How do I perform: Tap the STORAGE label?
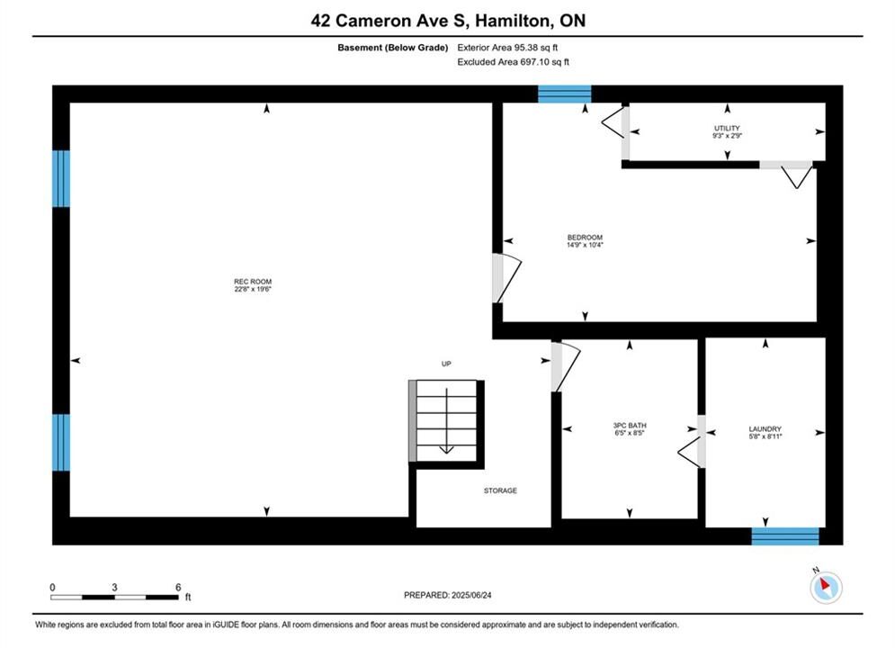point(501,490)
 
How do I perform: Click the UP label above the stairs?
point(446,364)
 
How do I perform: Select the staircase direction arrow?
point(446,421)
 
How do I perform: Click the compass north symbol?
point(826,586)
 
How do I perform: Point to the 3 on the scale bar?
point(115,587)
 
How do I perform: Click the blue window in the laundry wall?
point(785,536)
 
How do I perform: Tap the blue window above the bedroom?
point(565,94)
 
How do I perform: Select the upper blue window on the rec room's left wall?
point(61,179)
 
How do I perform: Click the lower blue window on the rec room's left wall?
point(61,443)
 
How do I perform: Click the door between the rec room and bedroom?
point(506,278)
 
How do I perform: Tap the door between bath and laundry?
point(692,441)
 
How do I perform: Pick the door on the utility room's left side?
point(616,122)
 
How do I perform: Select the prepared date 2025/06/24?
point(471,595)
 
